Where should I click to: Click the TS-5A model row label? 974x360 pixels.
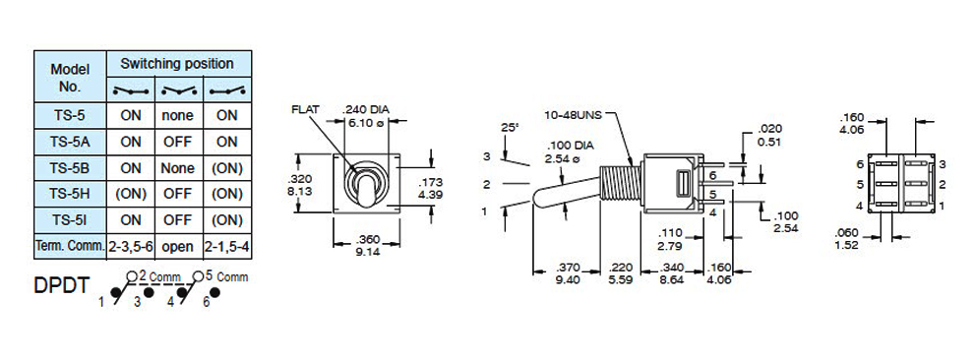point(70,143)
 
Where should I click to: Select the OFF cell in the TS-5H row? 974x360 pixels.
point(178,195)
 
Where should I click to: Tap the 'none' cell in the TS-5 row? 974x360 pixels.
point(178,115)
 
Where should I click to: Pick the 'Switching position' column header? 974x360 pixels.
point(177,63)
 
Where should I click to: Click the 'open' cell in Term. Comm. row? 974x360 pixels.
point(178,247)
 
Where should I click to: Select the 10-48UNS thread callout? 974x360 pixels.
point(573,115)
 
